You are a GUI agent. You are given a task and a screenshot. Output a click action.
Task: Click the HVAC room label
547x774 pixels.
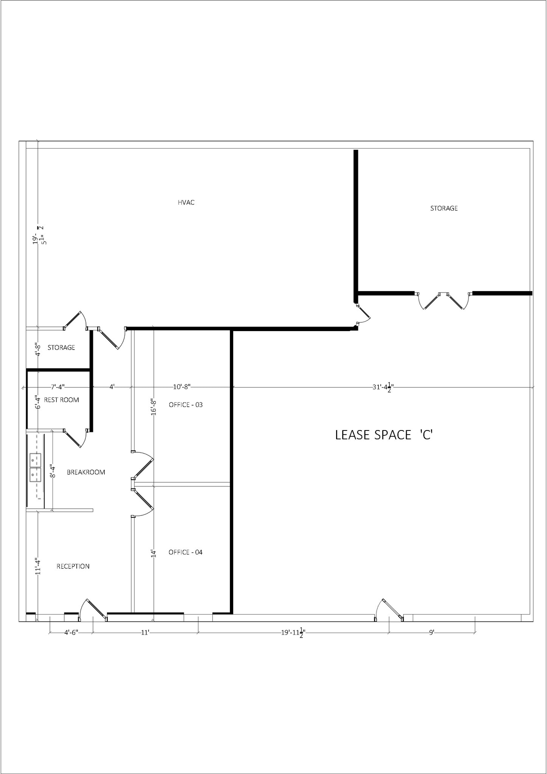point(186,203)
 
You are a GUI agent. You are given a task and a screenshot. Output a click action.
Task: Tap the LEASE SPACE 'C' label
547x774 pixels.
point(383,435)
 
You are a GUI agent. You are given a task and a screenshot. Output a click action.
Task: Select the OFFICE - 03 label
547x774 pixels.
point(186,405)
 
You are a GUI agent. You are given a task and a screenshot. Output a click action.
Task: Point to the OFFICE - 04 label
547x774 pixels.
point(185,552)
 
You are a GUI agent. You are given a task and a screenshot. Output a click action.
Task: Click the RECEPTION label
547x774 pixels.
point(73,566)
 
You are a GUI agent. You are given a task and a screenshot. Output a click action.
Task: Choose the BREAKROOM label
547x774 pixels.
point(86,472)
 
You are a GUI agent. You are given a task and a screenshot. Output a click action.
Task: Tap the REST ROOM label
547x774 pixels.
point(61,400)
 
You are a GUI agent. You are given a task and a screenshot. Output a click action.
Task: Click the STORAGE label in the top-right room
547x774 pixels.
point(444,208)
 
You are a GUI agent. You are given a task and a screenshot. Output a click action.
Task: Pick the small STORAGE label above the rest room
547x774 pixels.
point(61,347)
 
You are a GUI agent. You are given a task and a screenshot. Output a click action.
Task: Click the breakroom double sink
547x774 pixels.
point(35,467)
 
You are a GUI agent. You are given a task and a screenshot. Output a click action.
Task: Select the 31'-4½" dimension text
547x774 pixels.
point(383,387)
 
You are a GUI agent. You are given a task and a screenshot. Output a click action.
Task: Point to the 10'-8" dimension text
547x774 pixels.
point(181,387)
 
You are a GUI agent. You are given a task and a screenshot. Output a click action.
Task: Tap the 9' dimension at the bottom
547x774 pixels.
point(431,632)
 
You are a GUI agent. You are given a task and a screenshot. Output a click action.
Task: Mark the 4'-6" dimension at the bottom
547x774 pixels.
point(71,632)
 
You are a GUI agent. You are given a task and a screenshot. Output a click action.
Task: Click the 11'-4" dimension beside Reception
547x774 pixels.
point(38,567)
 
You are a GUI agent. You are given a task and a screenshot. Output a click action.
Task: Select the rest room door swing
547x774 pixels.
point(75,438)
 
